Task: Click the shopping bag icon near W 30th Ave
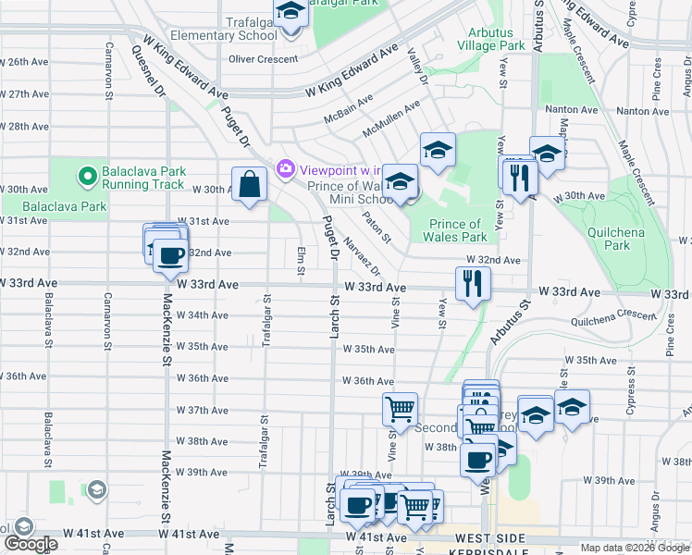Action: click(x=251, y=184)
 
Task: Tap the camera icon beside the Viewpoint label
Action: click(x=284, y=168)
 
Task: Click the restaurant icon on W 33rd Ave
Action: click(x=473, y=283)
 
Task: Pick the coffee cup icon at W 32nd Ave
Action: click(x=168, y=255)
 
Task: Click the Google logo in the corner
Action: click(x=31, y=544)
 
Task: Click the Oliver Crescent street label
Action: click(x=263, y=59)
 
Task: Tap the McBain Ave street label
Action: click(x=348, y=108)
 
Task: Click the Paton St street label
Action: click(x=377, y=227)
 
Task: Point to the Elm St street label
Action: click(x=301, y=261)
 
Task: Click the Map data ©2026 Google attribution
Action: click(x=635, y=548)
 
